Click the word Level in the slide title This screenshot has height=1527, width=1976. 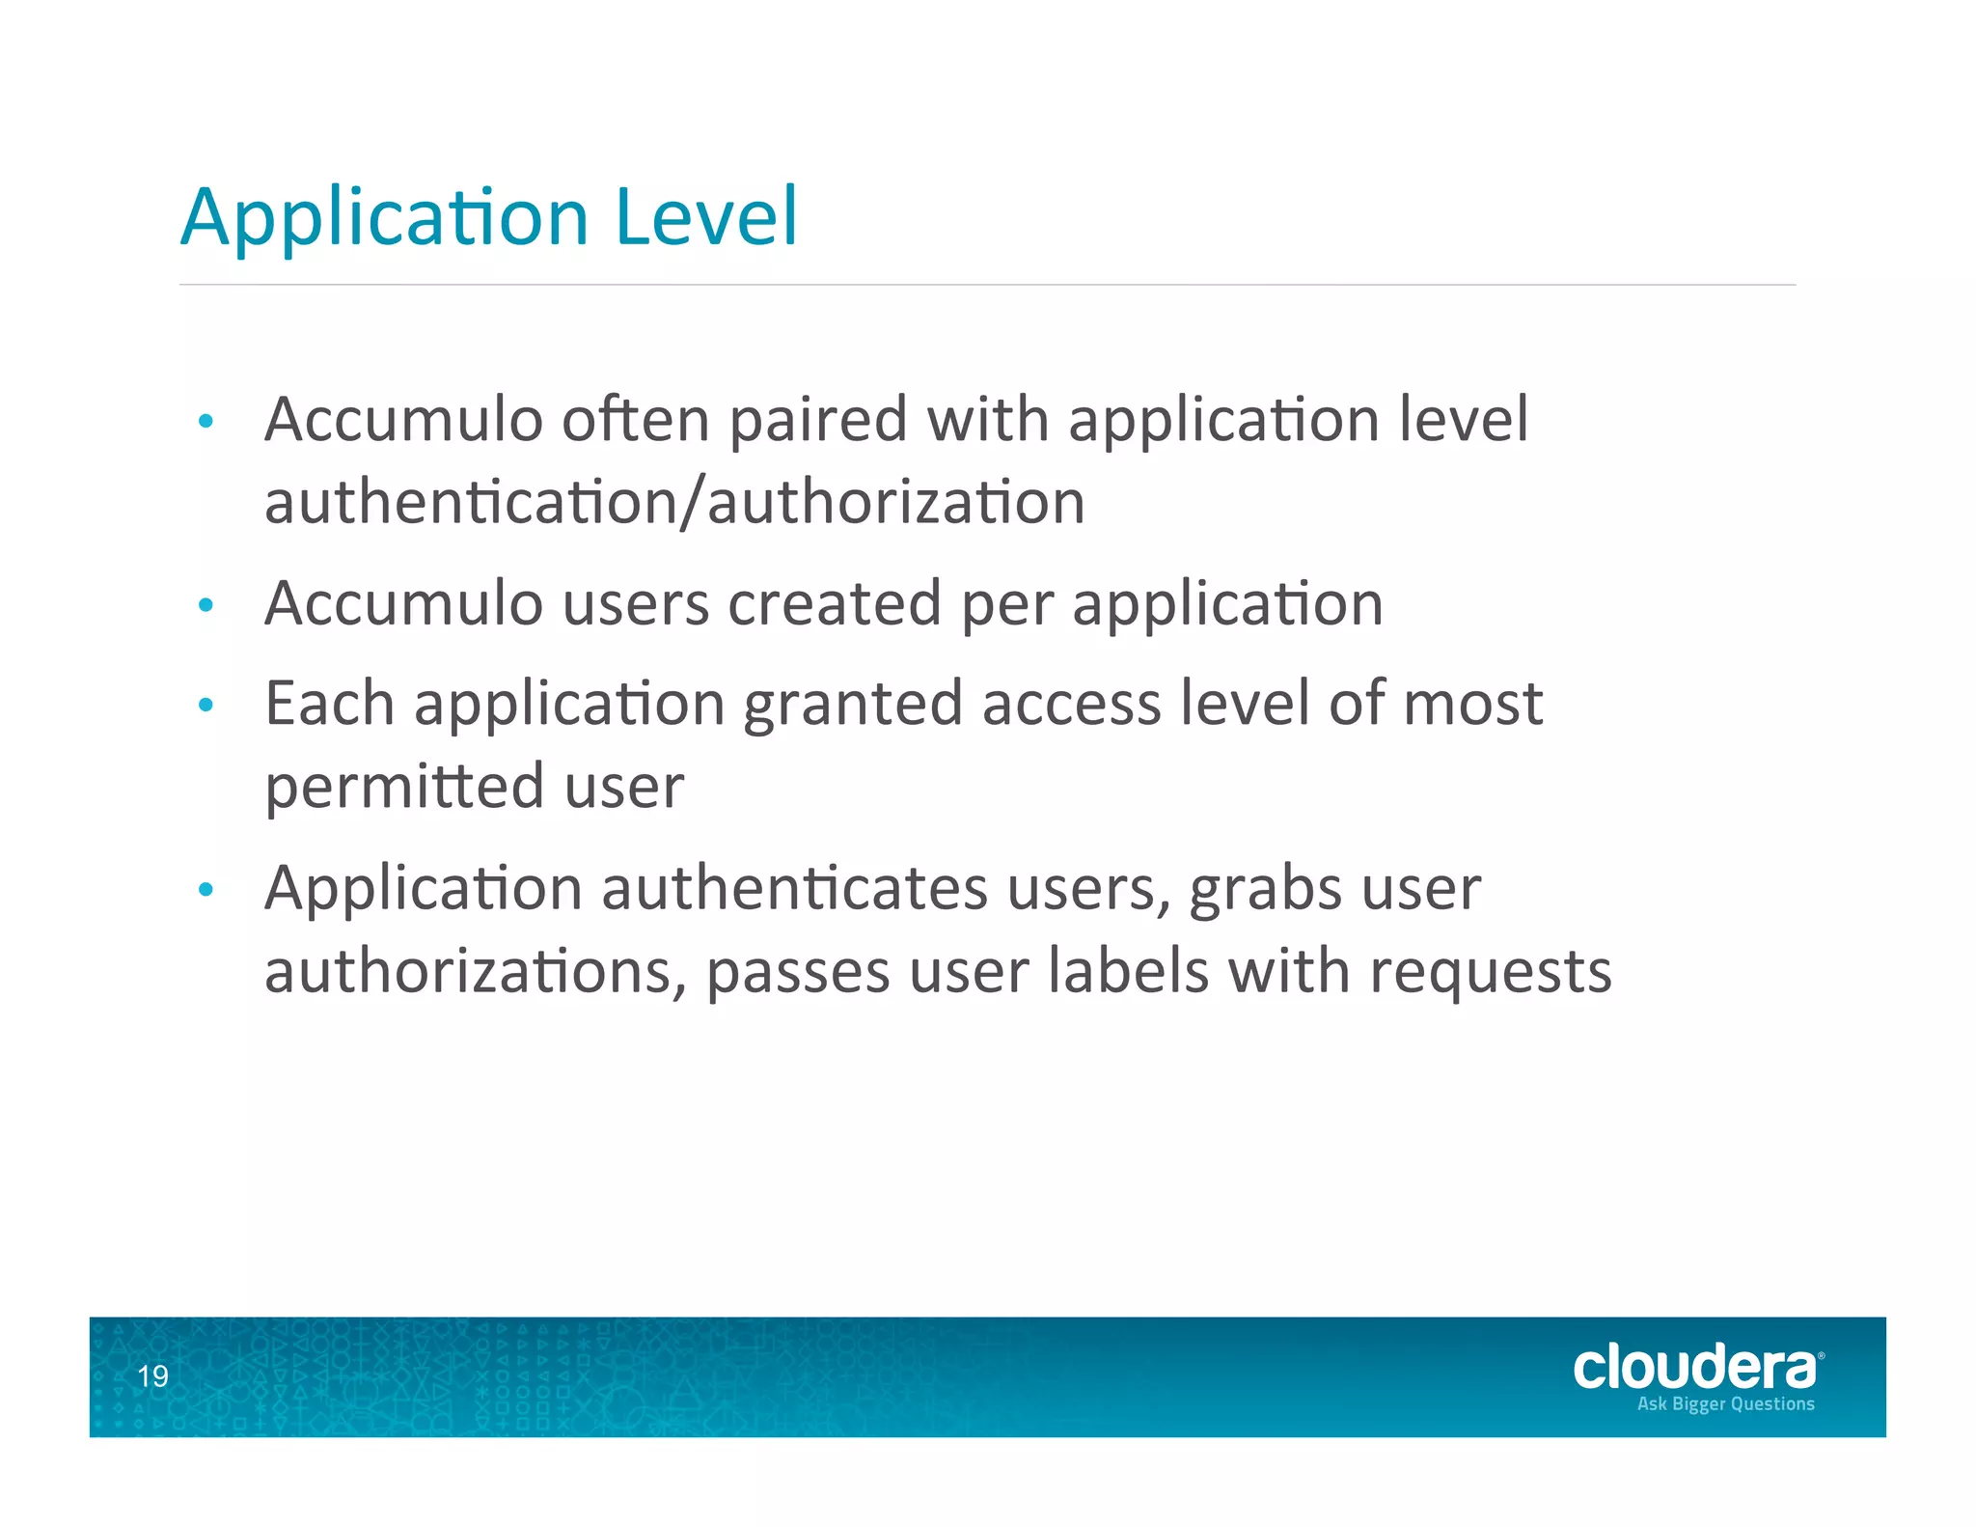(706, 216)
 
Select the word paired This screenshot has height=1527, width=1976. (818, 421)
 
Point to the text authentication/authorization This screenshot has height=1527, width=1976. (674, 503)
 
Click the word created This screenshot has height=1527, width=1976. (834, 603)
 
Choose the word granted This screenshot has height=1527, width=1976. (853, 705)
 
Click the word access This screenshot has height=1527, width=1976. (1071, 704)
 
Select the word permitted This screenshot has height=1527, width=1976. (404, 787)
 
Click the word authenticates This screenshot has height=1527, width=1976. (795, 888)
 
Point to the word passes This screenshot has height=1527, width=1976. (798, 972)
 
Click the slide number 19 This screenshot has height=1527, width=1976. (152, 1376)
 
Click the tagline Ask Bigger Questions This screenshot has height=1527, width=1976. (1725, 1404)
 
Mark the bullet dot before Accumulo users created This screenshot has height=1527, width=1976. (206, 606)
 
